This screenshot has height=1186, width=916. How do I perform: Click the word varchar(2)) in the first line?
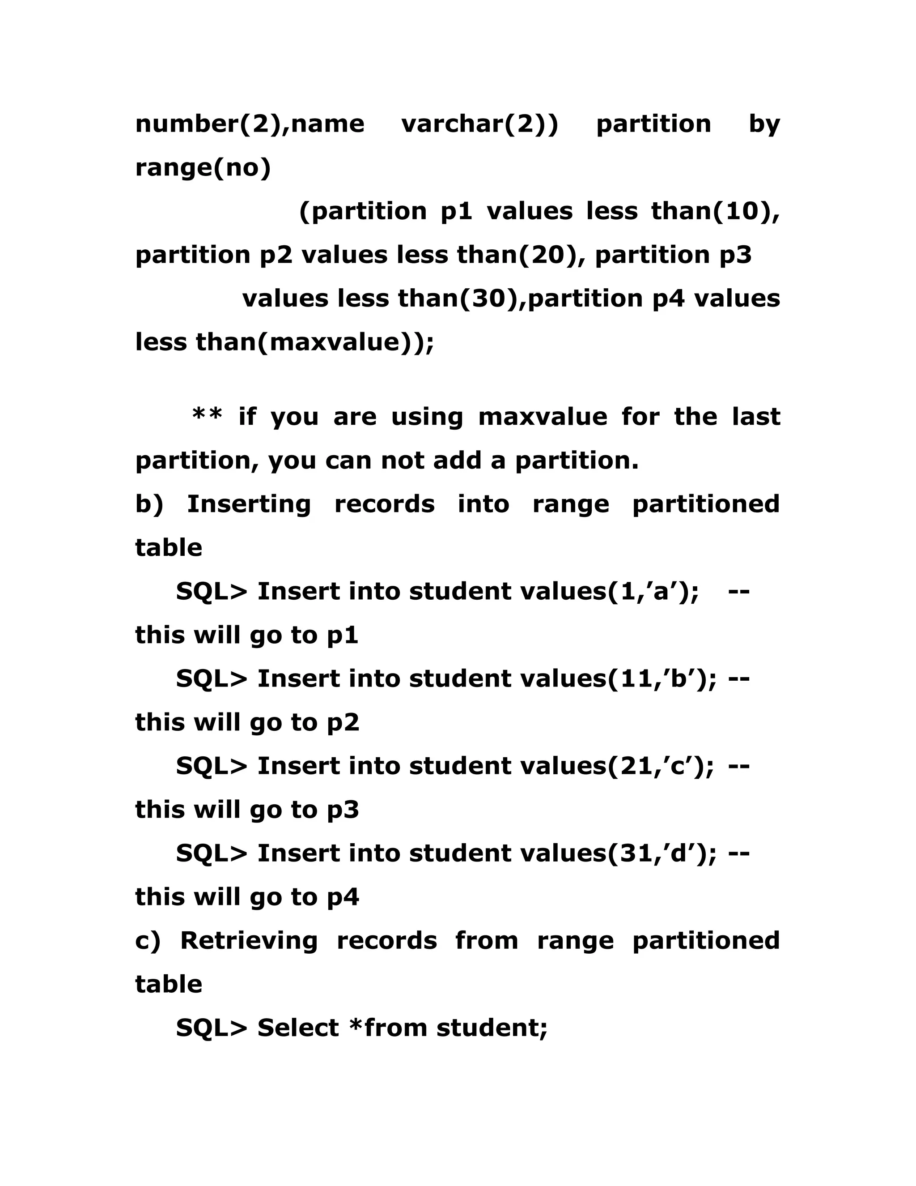click(480, 124)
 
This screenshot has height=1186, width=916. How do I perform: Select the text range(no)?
click(203, 168)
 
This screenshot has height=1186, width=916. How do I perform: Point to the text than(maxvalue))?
click(315, 342)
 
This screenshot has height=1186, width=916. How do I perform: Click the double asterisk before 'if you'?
click(207, 415)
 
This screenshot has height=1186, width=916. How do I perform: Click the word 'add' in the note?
click(457, 461)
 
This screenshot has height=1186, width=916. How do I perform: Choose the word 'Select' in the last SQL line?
click(298, 1028)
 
